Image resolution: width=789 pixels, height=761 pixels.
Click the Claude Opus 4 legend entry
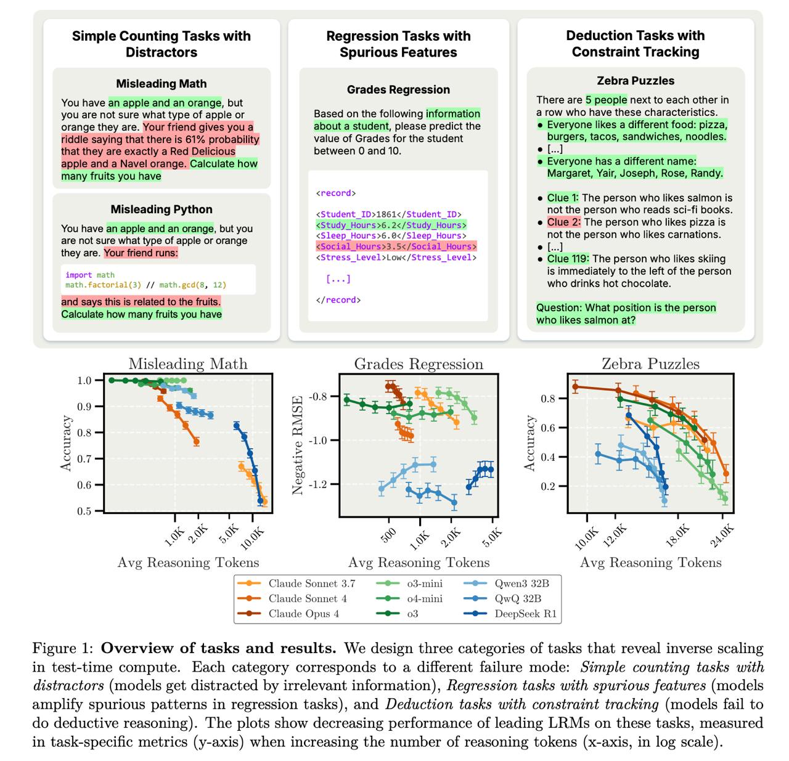[303, 614]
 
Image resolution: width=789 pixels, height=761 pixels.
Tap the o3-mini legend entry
[424, 584]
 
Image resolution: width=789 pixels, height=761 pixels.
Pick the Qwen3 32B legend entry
[521, 584]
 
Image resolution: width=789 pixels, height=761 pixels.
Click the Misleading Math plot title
[188, 364]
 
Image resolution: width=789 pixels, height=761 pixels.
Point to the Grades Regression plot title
[419, 364]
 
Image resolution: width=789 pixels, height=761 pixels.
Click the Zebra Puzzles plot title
[650, 364]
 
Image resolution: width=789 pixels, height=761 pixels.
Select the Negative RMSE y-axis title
[298, 445]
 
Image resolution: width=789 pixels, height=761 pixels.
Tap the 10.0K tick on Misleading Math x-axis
[252, 538]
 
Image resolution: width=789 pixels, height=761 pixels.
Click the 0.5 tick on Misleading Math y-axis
[84, 511]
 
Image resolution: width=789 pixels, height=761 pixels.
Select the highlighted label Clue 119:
[568, 259]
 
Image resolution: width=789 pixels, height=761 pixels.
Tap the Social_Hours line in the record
[396, 246]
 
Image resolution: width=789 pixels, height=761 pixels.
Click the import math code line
[90, 275]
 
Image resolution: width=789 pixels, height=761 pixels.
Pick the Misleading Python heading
[161, 210]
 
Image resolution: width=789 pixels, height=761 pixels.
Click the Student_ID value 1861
[386, 214]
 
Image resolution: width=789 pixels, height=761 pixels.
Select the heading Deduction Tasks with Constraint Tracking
[635, 44]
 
